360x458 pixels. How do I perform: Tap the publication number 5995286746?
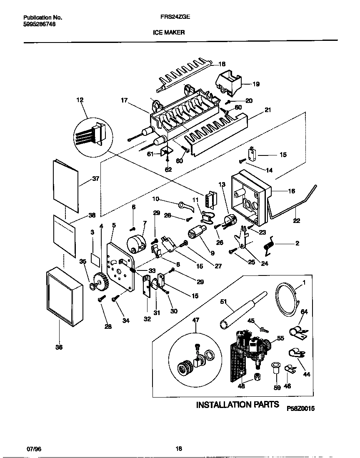(x=39, y=24)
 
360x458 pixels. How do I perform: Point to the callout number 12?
(x=80, y=100)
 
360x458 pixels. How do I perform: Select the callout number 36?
(x=59, y=347)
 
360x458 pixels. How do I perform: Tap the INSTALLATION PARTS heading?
(x=237, y=405)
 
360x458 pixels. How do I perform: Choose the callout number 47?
(x=196, y=320)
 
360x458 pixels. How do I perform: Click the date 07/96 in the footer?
(x=34, y=449)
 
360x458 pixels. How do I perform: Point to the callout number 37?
(x=95, y=179)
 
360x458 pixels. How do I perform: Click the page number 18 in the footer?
(x=178, y=449)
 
